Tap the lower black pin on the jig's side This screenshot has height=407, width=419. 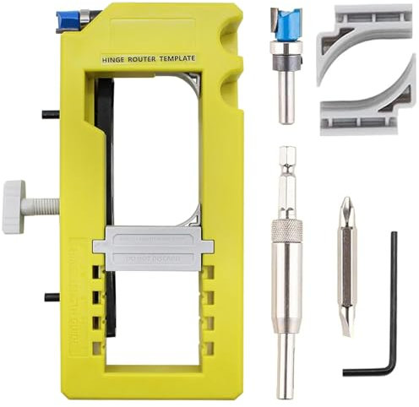click(x=51, y=296)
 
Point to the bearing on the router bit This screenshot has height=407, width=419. click(x=286, y=63)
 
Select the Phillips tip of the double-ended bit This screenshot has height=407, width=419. click(x=346, y=209)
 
